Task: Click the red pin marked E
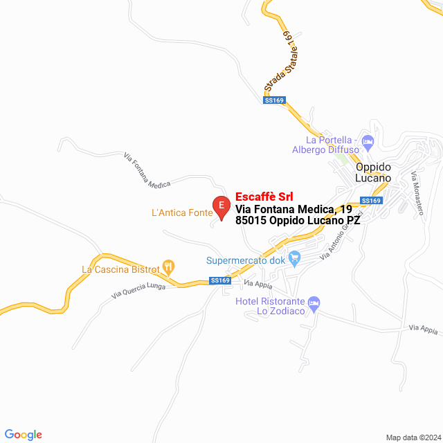tap(221, 207)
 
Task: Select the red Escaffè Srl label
tap(264, 197)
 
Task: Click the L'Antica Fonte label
tap(181, 213)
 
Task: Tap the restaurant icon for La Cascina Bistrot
tap(169, 266)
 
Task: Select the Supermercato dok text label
tap(246, 261)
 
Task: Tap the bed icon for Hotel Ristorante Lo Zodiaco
tap(314, 302)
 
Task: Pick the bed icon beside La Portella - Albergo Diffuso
tap(368, 142)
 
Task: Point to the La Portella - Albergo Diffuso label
tap(325, 144)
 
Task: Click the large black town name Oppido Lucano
tap(373, 172)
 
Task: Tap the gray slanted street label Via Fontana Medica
tap(147, 172)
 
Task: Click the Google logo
tap(23, 435)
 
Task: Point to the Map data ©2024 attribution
tap(411, 437)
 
